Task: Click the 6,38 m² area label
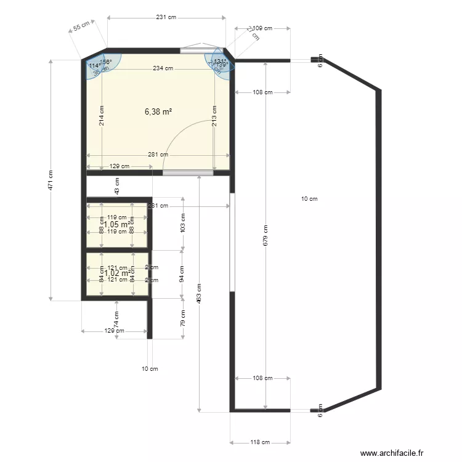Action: [x=158, y=111]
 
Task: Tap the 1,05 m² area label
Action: [x=117, y=225]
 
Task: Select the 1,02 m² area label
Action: [x=117, y=274]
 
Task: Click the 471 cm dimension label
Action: [x=51, y=180]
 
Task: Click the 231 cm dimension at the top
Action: [x=165, y=17]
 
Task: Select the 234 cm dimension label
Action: [x=163, y=68]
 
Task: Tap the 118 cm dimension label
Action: [x=260, y=442]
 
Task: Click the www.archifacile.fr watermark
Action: [x=392, y=453]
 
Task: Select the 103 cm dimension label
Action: [x=182, y=223]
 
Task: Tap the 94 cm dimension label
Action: [x=182, y=274]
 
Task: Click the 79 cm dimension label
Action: [x=182, y=318]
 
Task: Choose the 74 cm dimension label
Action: [x=116, y=318]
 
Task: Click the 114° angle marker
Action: [x=94, y=65]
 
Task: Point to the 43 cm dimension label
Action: [x=116, y=186]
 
